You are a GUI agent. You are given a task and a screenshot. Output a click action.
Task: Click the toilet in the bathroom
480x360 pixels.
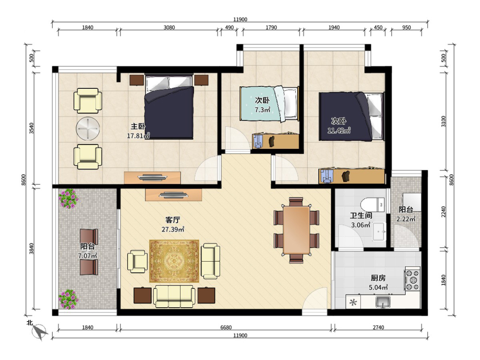pos(372,205)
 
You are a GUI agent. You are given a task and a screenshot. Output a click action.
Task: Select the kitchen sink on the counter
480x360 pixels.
pos(383,301)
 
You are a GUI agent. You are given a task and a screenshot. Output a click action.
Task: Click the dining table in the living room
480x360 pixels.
pos(296,230)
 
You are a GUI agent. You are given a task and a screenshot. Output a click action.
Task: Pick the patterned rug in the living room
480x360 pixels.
pos(174,261)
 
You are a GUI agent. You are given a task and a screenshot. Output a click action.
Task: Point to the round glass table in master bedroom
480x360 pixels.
pos(88,129)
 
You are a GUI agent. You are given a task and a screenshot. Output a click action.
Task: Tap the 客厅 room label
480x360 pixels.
pos(173,220)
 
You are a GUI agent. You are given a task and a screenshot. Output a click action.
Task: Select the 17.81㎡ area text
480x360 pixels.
pos(138,136)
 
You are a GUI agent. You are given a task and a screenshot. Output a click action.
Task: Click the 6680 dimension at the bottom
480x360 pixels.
pos(226,327)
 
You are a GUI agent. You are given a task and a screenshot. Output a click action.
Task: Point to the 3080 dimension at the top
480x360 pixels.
pos(169,27)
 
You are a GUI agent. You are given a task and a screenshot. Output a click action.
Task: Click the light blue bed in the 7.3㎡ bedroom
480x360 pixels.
pos(269,104)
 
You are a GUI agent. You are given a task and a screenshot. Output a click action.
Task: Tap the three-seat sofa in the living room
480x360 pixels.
pos(174,296)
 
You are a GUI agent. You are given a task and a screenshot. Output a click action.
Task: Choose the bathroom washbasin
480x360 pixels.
pos(379,232)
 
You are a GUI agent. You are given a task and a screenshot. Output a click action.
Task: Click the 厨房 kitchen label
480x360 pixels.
pos(378,278)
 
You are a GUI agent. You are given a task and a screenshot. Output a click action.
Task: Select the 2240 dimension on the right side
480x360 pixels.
pos(444,212)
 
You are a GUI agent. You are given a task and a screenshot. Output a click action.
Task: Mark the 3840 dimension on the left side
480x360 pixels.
pos(31,249)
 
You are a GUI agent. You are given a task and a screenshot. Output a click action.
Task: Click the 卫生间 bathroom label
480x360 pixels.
pos(361,216)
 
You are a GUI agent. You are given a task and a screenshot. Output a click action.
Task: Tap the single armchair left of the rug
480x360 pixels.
pos(137,262)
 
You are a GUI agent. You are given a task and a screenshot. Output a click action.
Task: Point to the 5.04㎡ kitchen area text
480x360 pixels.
pos(378,288)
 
